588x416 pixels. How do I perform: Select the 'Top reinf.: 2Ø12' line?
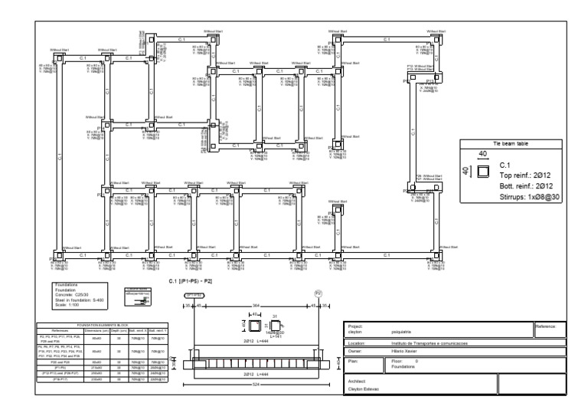point(525,175)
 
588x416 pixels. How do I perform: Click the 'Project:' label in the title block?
point(354,323)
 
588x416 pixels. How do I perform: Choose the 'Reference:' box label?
point(547,325)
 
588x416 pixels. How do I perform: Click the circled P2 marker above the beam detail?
point(319,294)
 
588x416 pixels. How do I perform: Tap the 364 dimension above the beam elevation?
point(256,306)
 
